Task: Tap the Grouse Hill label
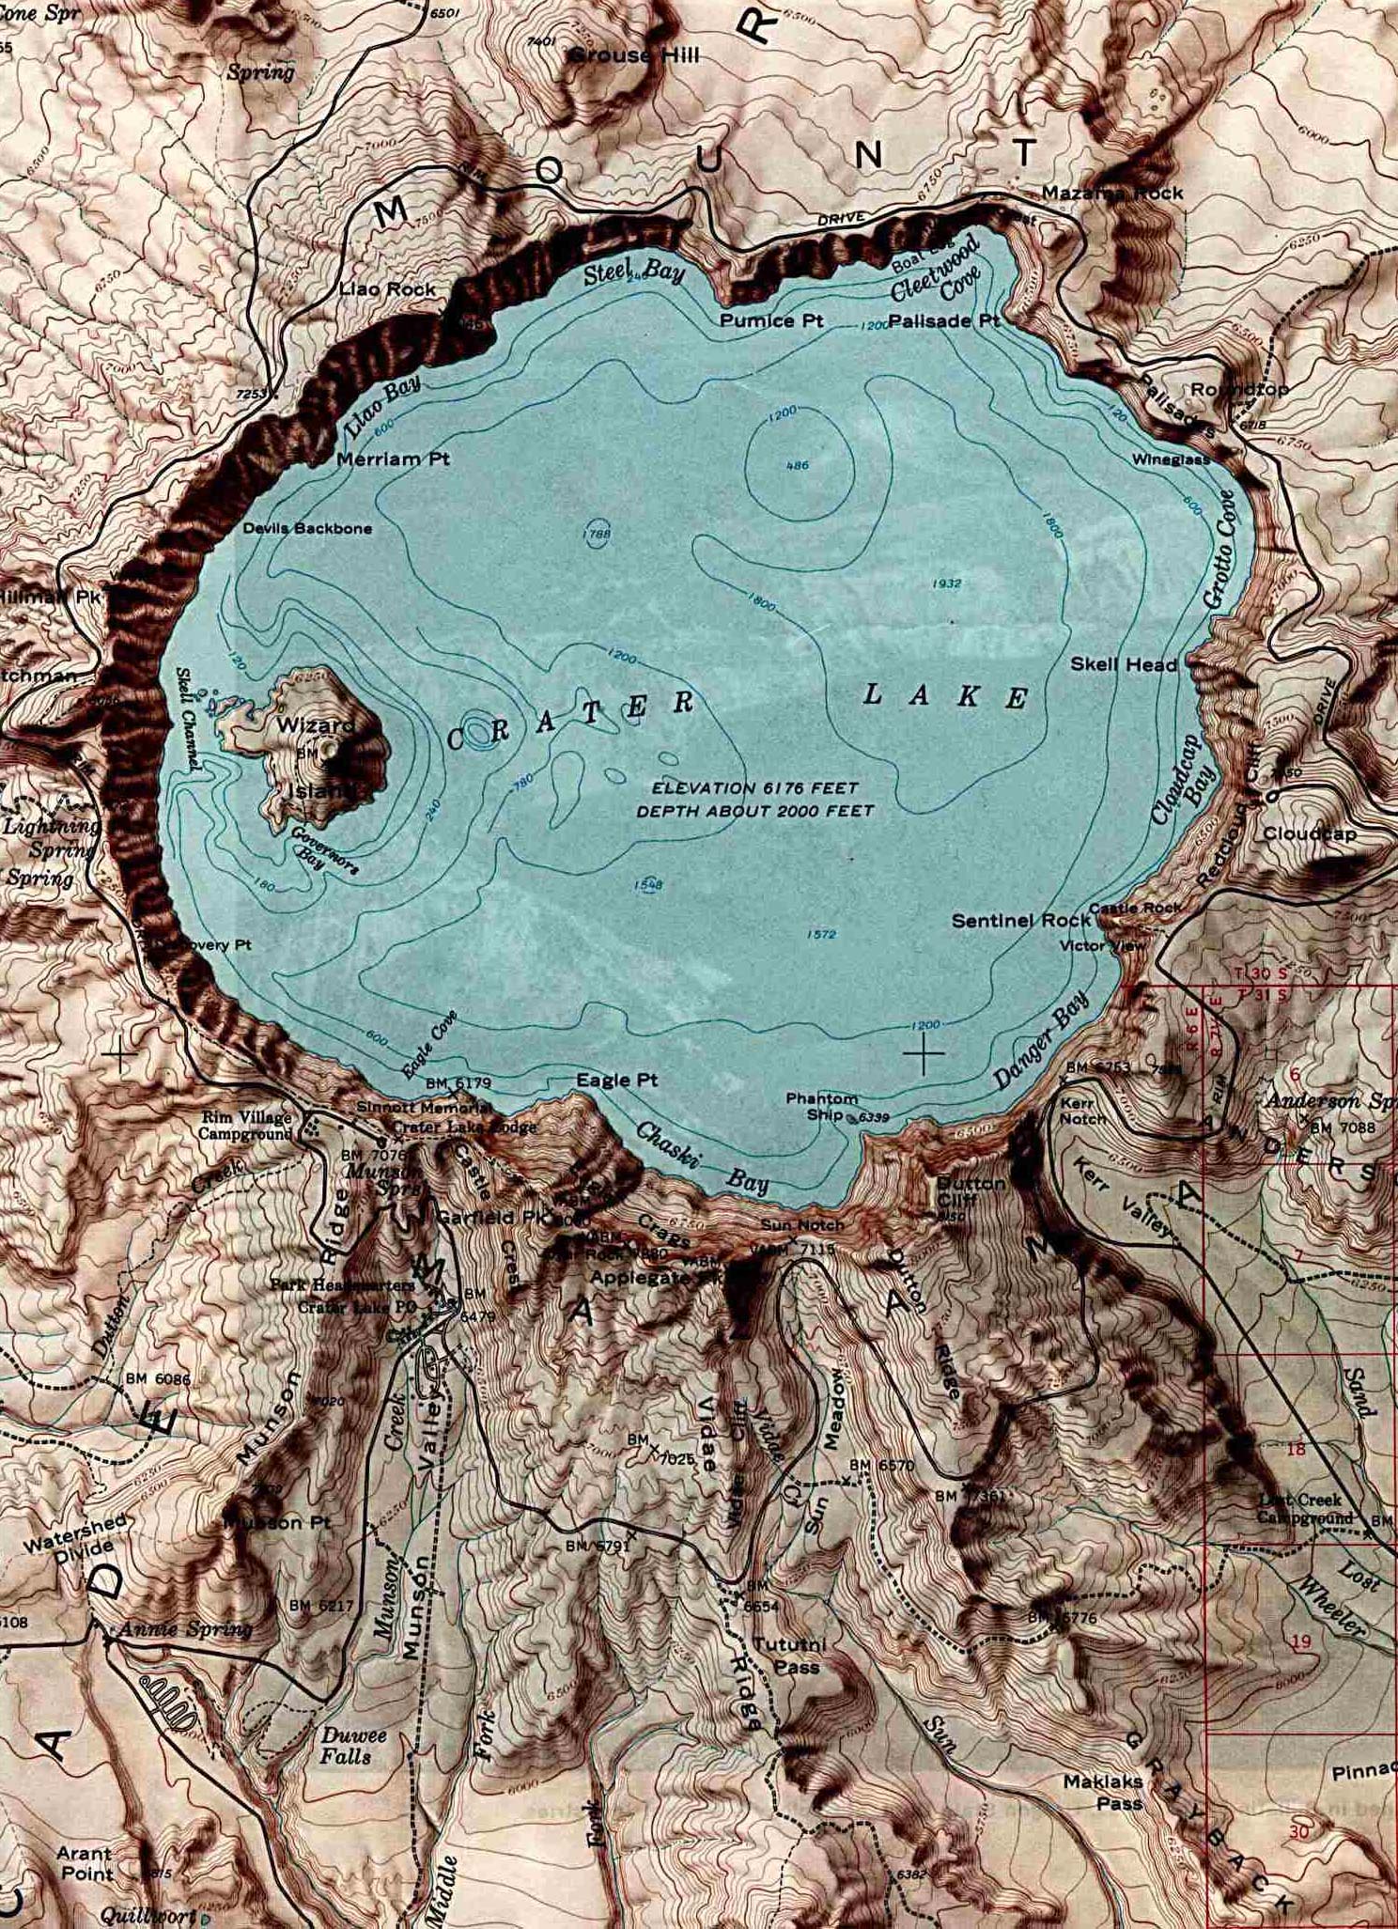[x=634, y=56]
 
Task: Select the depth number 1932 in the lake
[x=946, y=583]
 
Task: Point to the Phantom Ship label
[x=822, y=1106]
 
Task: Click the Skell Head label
[x=1124, y=665]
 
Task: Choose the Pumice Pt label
[x=771, y=321]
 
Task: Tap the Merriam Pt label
[x=393, y=459]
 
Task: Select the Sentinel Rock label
[x=1021, y=921]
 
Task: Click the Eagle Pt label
[x=617, y=1081]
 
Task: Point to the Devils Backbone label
[x=307, y=529]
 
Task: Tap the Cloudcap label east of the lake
[x=1310, y=833]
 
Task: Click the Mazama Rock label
[x=1112, y=193]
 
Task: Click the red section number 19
[x=1300, y=1641]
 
